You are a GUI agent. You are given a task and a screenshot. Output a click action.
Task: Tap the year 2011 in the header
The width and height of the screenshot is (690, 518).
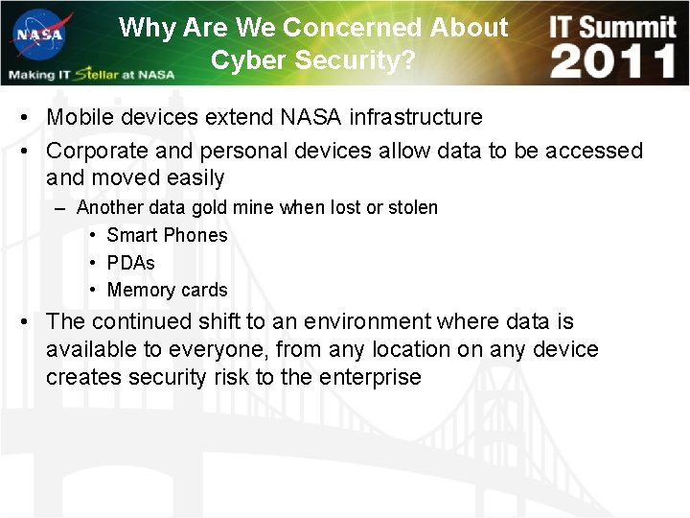pyautogui.click(x=612, y=61)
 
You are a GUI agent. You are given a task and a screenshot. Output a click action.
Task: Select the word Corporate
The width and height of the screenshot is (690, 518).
pyautogui.click(x=94, y=151)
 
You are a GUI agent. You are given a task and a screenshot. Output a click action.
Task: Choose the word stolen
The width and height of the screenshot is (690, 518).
pyautogui.click(x=412, y=207)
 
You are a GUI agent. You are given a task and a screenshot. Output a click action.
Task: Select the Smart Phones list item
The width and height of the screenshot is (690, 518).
pyautogui.click(x=167, y=235)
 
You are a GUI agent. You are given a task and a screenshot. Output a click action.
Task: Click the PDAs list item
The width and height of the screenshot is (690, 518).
pyautogui.click(x=130, y=263)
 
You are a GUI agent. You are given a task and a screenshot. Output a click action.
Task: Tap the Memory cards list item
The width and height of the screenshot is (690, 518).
pyautogui.click(x=167, y=290)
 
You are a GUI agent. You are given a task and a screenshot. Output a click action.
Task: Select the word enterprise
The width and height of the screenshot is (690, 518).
pyautogui.click(x=370, y=377)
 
